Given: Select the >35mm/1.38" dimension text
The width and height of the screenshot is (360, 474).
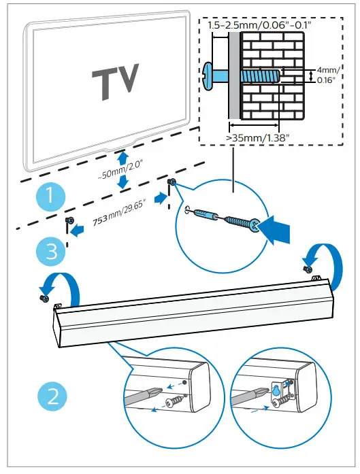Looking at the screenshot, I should pos(259,139).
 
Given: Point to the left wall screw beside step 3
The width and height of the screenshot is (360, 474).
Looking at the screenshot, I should pos(69,222).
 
